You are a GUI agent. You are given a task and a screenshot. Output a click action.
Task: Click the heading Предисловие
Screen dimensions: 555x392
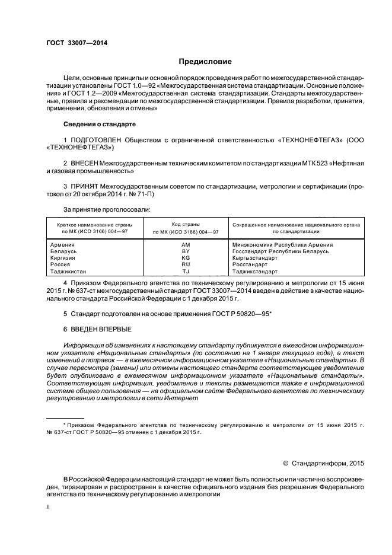206,62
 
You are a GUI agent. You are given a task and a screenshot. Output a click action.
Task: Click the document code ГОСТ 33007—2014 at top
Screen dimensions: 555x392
77,43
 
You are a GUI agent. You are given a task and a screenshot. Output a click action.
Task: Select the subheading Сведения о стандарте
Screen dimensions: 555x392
99,125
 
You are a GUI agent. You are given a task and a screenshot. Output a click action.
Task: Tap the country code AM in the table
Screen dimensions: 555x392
186,244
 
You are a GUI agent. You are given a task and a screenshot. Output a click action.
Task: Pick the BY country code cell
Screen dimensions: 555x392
186,251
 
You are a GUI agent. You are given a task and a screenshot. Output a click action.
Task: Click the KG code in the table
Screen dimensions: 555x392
186,258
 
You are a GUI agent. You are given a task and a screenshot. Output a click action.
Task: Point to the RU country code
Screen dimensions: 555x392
186,264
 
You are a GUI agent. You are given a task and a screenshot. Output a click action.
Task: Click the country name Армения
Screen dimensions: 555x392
62,244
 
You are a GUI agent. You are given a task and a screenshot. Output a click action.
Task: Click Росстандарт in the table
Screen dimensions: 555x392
250,264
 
